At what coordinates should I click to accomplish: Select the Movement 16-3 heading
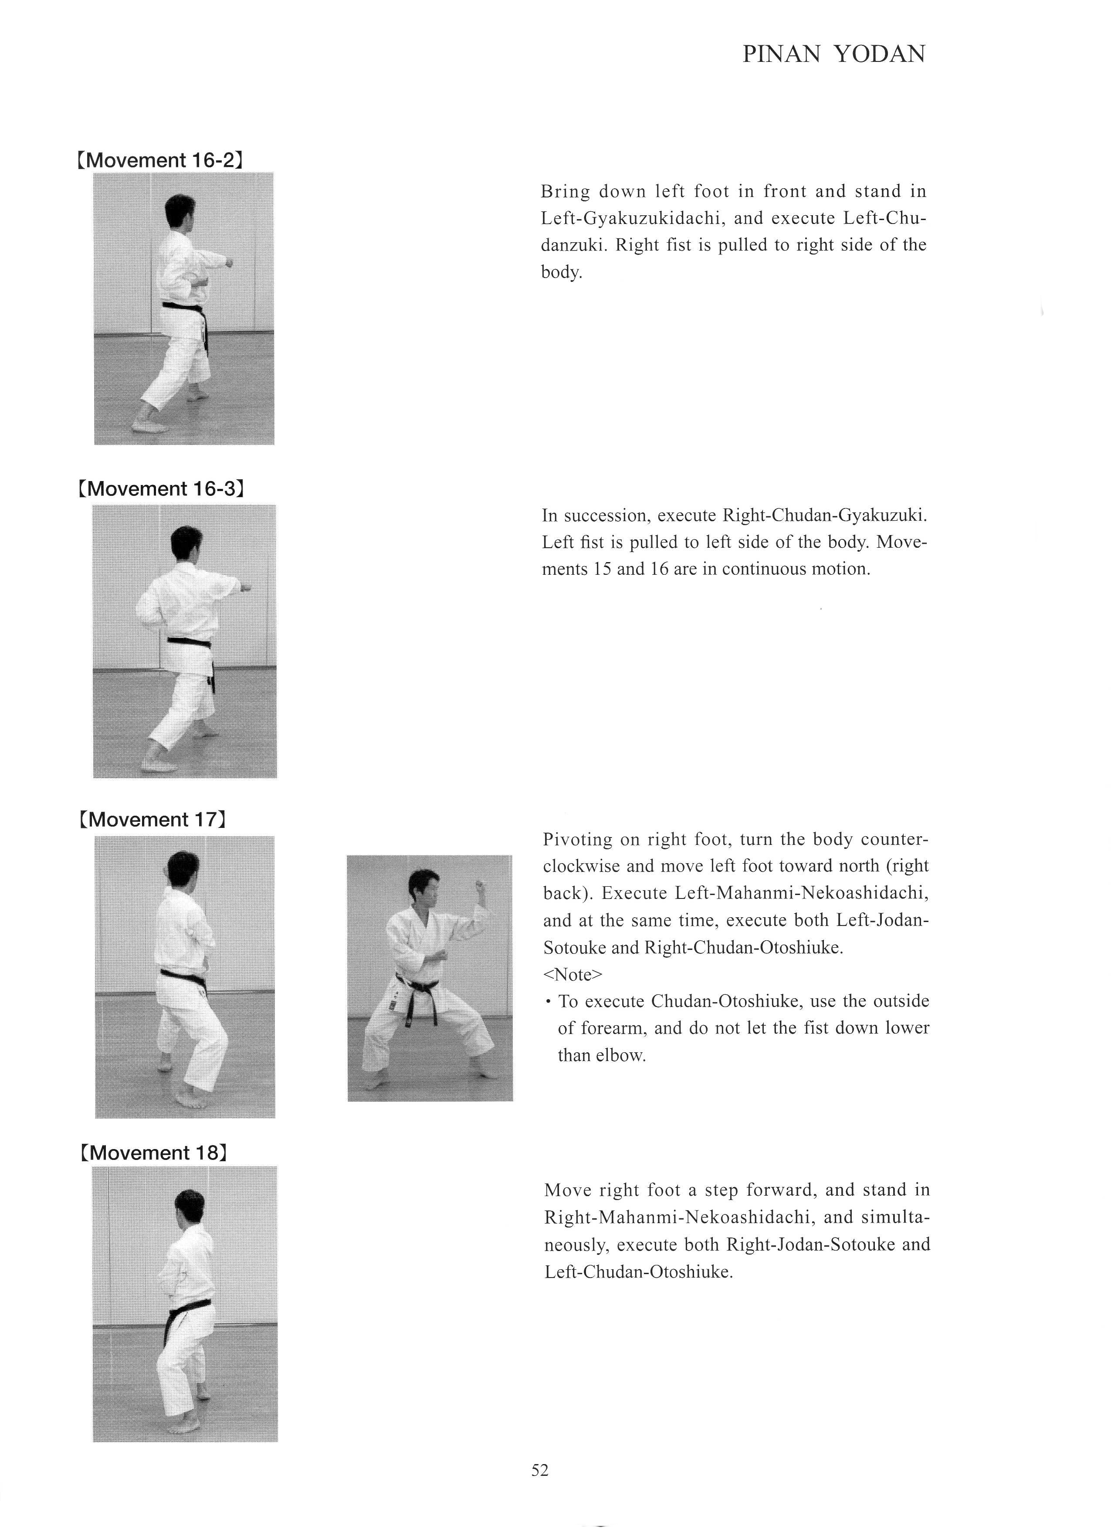tap(160, 488)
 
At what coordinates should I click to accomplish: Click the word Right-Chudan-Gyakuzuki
tap(824, 516)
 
